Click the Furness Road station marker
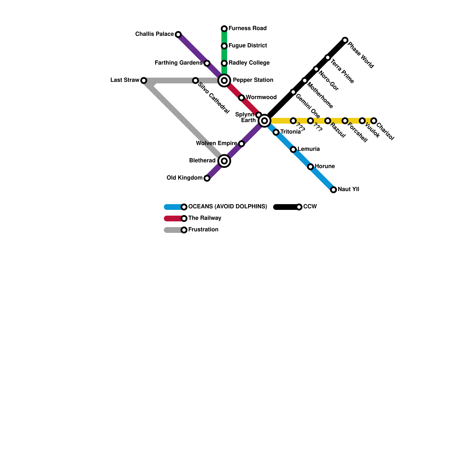(x=224, y=29)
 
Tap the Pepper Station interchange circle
(x=224, y=80)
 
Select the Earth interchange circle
(x=264, y=121)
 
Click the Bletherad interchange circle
(x=224, y=161)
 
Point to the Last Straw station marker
(x=144, y=80)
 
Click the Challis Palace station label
(x=154, y=34)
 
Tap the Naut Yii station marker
(x=333, y=190)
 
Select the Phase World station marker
(x=345, y=40)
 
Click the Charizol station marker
(x=374, y=121)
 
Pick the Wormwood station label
(x=261, y=97)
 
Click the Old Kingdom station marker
(x=207, y=178)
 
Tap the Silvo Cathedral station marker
(x=195, y=80)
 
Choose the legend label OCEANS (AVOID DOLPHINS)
(x=228, y=207)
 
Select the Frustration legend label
(x=203, y=230)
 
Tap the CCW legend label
(x=310, y=207)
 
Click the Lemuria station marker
(x=293, y=149)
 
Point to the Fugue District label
(x=248, y=46)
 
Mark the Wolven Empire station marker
(x=241, y=144)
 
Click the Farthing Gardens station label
(x=178, y=63)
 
